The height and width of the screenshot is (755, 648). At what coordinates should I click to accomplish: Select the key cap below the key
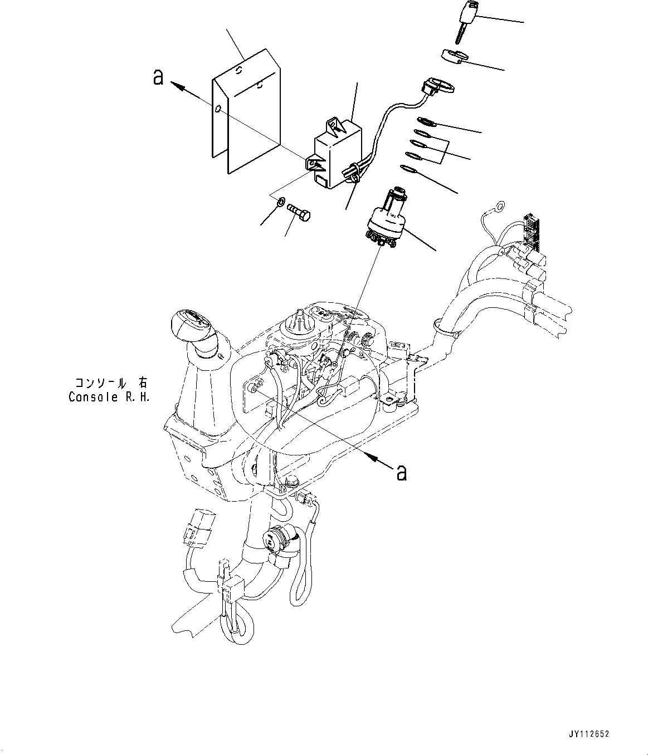[454, 57]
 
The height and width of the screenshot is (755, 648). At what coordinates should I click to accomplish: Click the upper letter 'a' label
[158, 77]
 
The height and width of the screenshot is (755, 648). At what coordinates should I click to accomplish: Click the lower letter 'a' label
[401, 472]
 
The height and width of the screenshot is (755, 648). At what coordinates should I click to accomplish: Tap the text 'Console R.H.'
[109, 398]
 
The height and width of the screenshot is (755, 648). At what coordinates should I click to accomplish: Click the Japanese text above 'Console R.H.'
[111, 383]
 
